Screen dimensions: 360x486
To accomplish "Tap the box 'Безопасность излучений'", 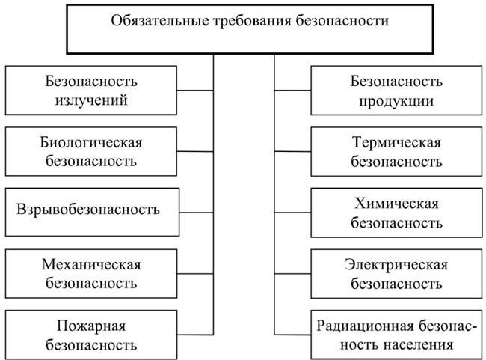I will [90, 90].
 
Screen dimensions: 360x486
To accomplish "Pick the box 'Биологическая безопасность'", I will [90, 150].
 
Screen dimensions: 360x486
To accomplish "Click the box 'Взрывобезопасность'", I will [90, 208].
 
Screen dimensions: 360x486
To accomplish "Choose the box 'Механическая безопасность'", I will [90, 273].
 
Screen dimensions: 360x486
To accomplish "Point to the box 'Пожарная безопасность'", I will [90, 335].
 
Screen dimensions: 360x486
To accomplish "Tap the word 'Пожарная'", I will [90, 325].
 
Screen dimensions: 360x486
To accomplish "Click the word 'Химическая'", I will [396, 202].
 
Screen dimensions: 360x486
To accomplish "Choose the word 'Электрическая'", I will [396, 263].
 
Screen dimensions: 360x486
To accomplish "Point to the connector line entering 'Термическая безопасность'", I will [292, 151].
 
